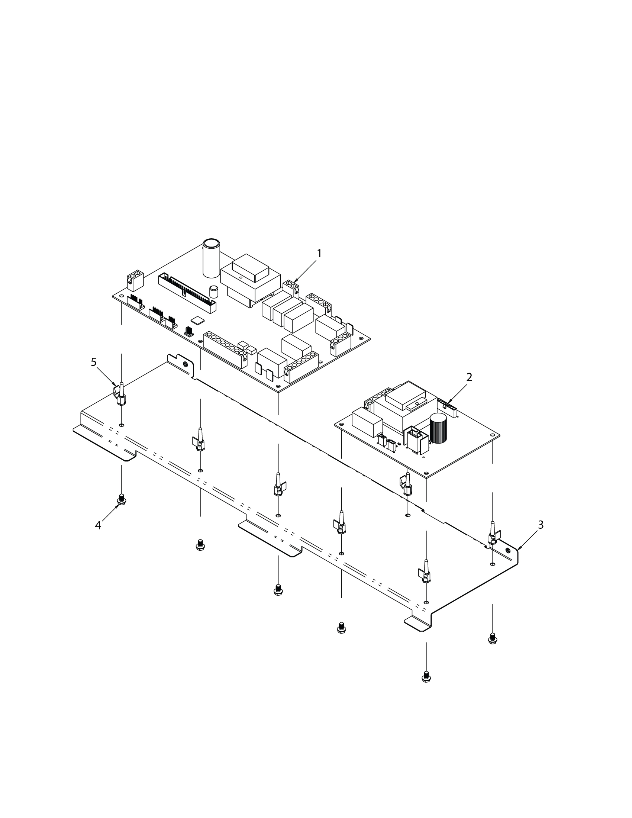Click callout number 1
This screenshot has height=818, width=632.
(319, 254)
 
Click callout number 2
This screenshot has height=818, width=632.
(469, 377)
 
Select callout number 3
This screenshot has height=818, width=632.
(540, 525)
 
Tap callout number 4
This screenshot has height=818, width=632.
(98, 526)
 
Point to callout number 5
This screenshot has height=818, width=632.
(94, 362)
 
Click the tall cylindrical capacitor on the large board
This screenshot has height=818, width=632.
(211, 258)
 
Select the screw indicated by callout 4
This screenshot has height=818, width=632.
(121, 500)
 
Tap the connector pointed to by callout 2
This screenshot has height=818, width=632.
(447, 408)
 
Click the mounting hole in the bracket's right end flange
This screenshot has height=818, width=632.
(507, 550)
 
